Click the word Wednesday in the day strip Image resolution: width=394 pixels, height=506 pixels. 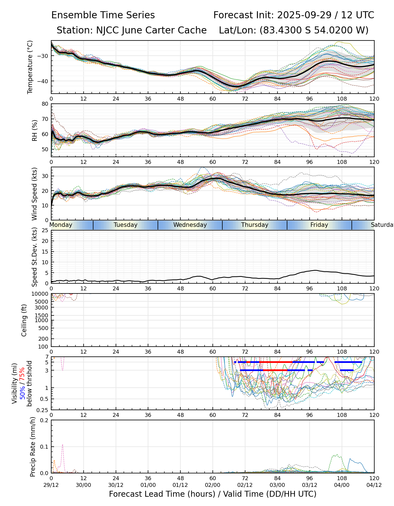pyautogui.click(x=190, y=225)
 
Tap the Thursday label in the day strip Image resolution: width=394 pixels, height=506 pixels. pyautogui.click(x=255, y=225)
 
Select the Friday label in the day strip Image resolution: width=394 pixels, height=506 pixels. pyautogui.click(x=319, y=225)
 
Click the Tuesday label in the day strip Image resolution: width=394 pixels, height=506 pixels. pyautogui.click(x=126, y=225)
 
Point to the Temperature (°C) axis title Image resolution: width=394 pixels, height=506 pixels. pyautogui.click(x=30, y=67)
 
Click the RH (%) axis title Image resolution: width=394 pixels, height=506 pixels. pyautogui.click(x=35, y=130)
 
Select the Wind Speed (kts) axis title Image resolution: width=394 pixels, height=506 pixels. pyautogui.click(x=34, y=194)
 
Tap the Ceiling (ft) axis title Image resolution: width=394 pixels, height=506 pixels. pyautogui.click(x=24, y=320)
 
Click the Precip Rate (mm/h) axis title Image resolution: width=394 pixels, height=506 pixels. pyautogui.click(x=33, y=447)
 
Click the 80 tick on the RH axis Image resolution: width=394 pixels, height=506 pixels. pyautogui.click(x=45, y=104)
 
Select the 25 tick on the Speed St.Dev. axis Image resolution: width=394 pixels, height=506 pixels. pyautogui.click(x=45, y=231)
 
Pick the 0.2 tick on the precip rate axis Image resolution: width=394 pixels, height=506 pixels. pyautogui.click(x=44, y=420)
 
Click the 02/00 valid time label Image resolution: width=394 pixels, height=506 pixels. pyautogui.click(x=213, y=485)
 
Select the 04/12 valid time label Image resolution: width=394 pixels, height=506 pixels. pyautogui.click(x=374, y=485)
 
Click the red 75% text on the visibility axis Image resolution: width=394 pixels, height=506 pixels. pyautogui.click(x=22, y=374)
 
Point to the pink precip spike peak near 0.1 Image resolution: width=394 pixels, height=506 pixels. pyautogui.click(x=62, y=445)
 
